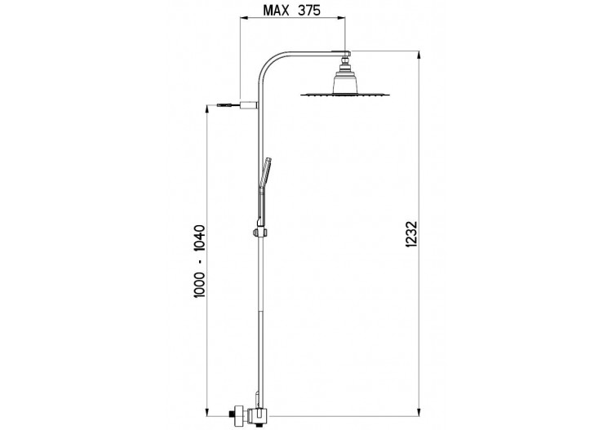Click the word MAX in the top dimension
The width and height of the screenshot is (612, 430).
click(x=277, y=10)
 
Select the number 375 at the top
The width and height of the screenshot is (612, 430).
click(x=309, y=10)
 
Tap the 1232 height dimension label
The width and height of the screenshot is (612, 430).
click(x=411, y=234)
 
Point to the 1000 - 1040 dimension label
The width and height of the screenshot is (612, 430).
click(x=199, y=261)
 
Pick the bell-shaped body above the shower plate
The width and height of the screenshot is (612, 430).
click(x=345, y=82)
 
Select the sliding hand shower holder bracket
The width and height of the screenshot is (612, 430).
click(x=261, y=233)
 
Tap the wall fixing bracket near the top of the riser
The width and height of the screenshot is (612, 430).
click(x=249, y=104)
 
